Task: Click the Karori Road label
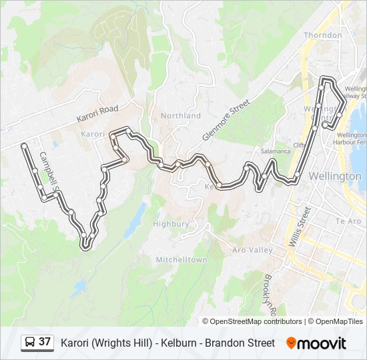pos(97,113)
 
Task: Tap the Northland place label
pos(180,115)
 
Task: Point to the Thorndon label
pos(322,35)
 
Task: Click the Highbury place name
pos(171,224)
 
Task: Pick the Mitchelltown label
pos(181,259)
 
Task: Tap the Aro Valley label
pos(252,250)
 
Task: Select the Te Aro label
pos(348,221)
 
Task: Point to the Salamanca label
pos(276,151)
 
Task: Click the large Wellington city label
pos(335,177)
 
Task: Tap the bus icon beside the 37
pos(30,343)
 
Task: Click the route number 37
pos(45,342)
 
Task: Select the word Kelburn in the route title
pos(174,343)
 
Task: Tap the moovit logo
pos(316,343)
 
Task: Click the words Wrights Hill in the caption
pos(121,343)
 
